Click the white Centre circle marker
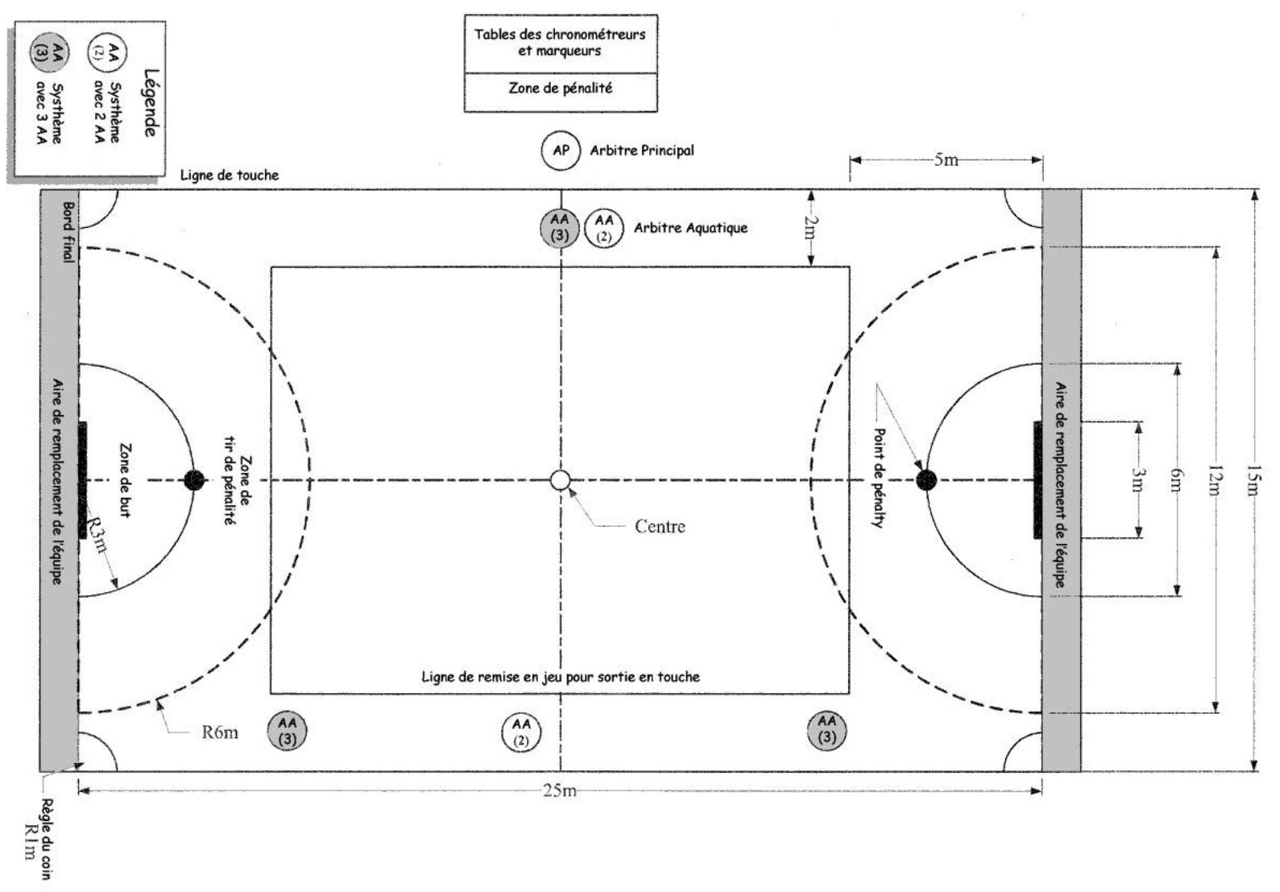click(561, 480)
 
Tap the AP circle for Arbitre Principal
click(561, 151)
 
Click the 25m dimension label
click(559, 790)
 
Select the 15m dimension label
click(1253, 480)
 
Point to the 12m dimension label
click(1216, 480)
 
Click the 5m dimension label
click(947, 160)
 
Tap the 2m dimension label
click(811, 228)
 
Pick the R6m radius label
click(219, 732)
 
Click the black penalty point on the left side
click(194, 480)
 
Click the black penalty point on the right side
click(926, 481)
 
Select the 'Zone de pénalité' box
click(561, 89)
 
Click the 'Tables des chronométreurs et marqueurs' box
click(561, 43)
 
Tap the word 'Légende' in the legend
click(150, 102)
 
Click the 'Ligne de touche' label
click(230, 175)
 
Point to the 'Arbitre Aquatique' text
click(690, 228)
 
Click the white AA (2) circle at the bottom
click(521, 732)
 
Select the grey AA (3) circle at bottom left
click(288, 730)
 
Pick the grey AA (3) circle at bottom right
click(827, 730)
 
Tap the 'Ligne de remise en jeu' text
click(561, 677)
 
